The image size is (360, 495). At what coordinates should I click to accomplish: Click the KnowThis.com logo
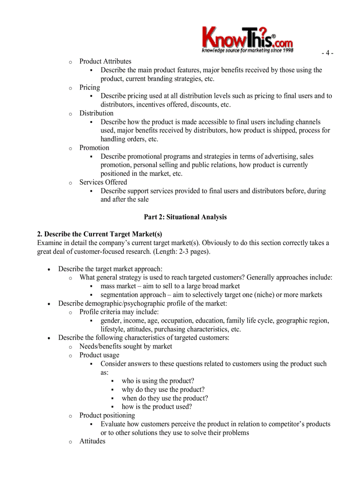247,40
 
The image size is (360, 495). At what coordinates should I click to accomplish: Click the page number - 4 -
327,53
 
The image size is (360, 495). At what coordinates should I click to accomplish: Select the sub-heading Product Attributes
105,61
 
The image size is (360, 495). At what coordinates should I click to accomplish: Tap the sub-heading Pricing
90,87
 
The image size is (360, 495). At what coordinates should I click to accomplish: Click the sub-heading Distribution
96,113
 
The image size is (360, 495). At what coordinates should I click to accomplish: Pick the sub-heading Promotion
94,148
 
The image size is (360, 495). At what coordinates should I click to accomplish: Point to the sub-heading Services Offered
103,182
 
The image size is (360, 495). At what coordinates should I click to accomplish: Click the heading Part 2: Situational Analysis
185,217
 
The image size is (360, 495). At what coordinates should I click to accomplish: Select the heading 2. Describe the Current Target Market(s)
100,234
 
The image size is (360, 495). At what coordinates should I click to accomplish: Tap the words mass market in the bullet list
118,286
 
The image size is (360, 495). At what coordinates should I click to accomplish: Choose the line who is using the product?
157,381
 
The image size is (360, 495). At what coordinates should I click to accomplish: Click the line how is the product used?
157,407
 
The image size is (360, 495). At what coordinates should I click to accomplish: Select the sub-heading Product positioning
107,415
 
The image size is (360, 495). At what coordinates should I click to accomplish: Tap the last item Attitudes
92,441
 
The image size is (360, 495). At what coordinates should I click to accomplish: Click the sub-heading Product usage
99,355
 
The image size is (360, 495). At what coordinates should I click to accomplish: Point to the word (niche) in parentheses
263,295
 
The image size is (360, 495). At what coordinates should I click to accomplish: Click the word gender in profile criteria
110,321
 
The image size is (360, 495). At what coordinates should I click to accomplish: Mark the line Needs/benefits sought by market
126,346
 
